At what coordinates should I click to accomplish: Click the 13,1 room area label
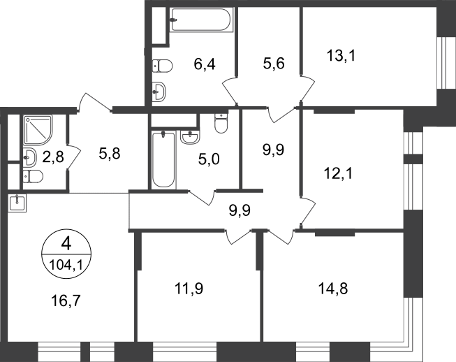pyautogui.click(x=341, y=56)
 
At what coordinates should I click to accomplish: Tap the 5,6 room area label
pyautogui.click(x=274, y=64)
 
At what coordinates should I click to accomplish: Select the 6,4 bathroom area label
pyautogui.click(x=205, y=64)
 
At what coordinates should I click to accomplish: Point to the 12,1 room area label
pyautogui.click(x=338, y=174)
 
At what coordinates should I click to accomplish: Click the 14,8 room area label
pyautogui.click(x=333, y=289)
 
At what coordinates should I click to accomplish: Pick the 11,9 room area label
pyautogui.click(x=189, y=289)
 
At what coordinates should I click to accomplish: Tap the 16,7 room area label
pyautogui.click(x=66, y=301)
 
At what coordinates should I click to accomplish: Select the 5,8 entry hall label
pyautogui.click(x=110, y=154)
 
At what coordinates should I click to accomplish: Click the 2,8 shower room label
pyautogui.click(x=53, y=157)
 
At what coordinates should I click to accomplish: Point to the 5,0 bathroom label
pyautogui.click(x=209, y=159)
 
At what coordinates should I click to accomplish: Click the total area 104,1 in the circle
pyautogui.click(x=66, y=265)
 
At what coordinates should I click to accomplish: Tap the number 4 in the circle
pyautogui.click(x=66, y=244)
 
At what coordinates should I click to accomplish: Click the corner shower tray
pyautogui.click(x=38, y=130)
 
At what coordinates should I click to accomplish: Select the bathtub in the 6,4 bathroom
pyautogui.click(x=202, y=20)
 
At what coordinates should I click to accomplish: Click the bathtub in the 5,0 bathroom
pyautogui.click(x=163, y=159)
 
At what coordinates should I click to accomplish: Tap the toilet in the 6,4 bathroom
pyautogui.click(x=163, y=66)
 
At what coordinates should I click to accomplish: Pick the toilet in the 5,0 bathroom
pyautogui.click(x=221, y=124)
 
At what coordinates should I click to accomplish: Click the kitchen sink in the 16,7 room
pyautogui.click(x=17, y=203)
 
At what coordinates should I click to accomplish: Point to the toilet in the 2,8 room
pyautogui.click(x=33, y=176)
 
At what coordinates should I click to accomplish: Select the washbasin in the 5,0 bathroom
pyautogui.click(x=190, y=137)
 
